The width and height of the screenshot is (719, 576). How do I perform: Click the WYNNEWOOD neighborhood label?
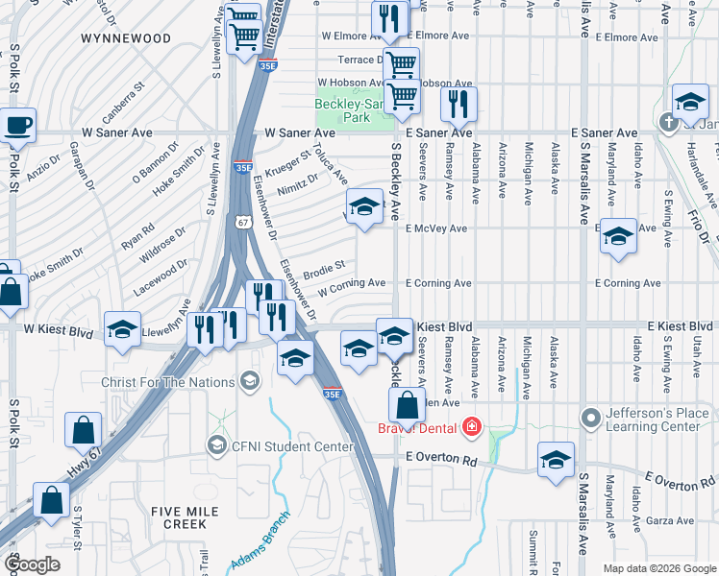[x=126, y=39]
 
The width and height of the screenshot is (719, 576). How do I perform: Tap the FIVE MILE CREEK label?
[x=178, y=517]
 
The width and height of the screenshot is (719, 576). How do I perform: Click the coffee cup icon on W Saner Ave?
[x=17, y=124]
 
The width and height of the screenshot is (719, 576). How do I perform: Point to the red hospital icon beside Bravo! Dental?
[x=472, y=427]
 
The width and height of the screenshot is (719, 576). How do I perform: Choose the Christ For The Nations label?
[x=167, y=382]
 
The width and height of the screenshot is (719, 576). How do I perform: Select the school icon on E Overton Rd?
[x=556, y=461]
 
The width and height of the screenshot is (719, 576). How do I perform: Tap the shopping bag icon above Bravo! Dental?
[x=408, y=406]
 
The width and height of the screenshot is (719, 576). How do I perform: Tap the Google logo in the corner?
[x=34, y=564]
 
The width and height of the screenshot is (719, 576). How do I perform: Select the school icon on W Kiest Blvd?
[x=123, y=330]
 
